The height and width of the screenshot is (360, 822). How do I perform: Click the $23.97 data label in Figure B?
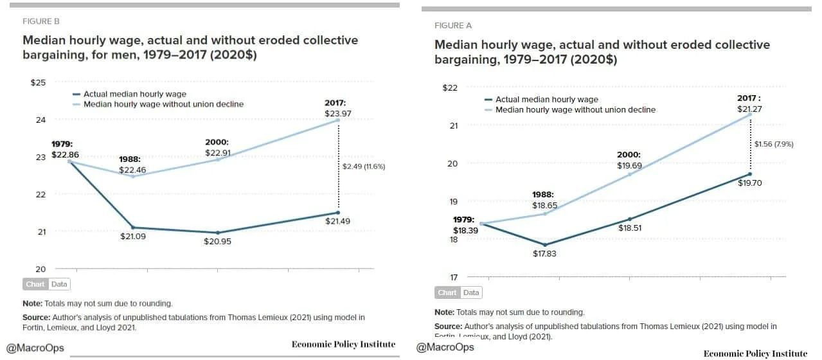coord(338,114)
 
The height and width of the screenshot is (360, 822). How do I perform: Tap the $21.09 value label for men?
coord(132,237)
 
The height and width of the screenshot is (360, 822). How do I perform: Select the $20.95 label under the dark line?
coord(217,242)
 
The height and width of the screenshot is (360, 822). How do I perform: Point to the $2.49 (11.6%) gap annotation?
coord(364,166)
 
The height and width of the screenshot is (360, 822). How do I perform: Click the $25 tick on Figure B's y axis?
coord(38,82)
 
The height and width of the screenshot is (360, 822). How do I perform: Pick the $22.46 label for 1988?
coord(132,170)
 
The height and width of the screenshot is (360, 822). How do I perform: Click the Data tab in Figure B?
coord(59,284)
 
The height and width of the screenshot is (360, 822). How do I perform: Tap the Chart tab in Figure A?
coord(447,292)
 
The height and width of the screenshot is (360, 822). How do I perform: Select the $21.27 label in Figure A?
coord(749,109)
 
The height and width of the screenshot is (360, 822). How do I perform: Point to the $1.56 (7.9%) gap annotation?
coord(774,144)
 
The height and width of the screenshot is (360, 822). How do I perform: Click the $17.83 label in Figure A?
coord(545,253)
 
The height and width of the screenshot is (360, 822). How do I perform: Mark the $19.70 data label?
coord(749,183)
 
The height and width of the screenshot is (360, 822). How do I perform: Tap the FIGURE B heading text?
coord(41,21)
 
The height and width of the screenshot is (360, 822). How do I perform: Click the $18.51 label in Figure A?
coord(629,227)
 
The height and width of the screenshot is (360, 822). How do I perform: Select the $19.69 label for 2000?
coord(629,165)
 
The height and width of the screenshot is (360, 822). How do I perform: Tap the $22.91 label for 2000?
coord(217,152)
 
